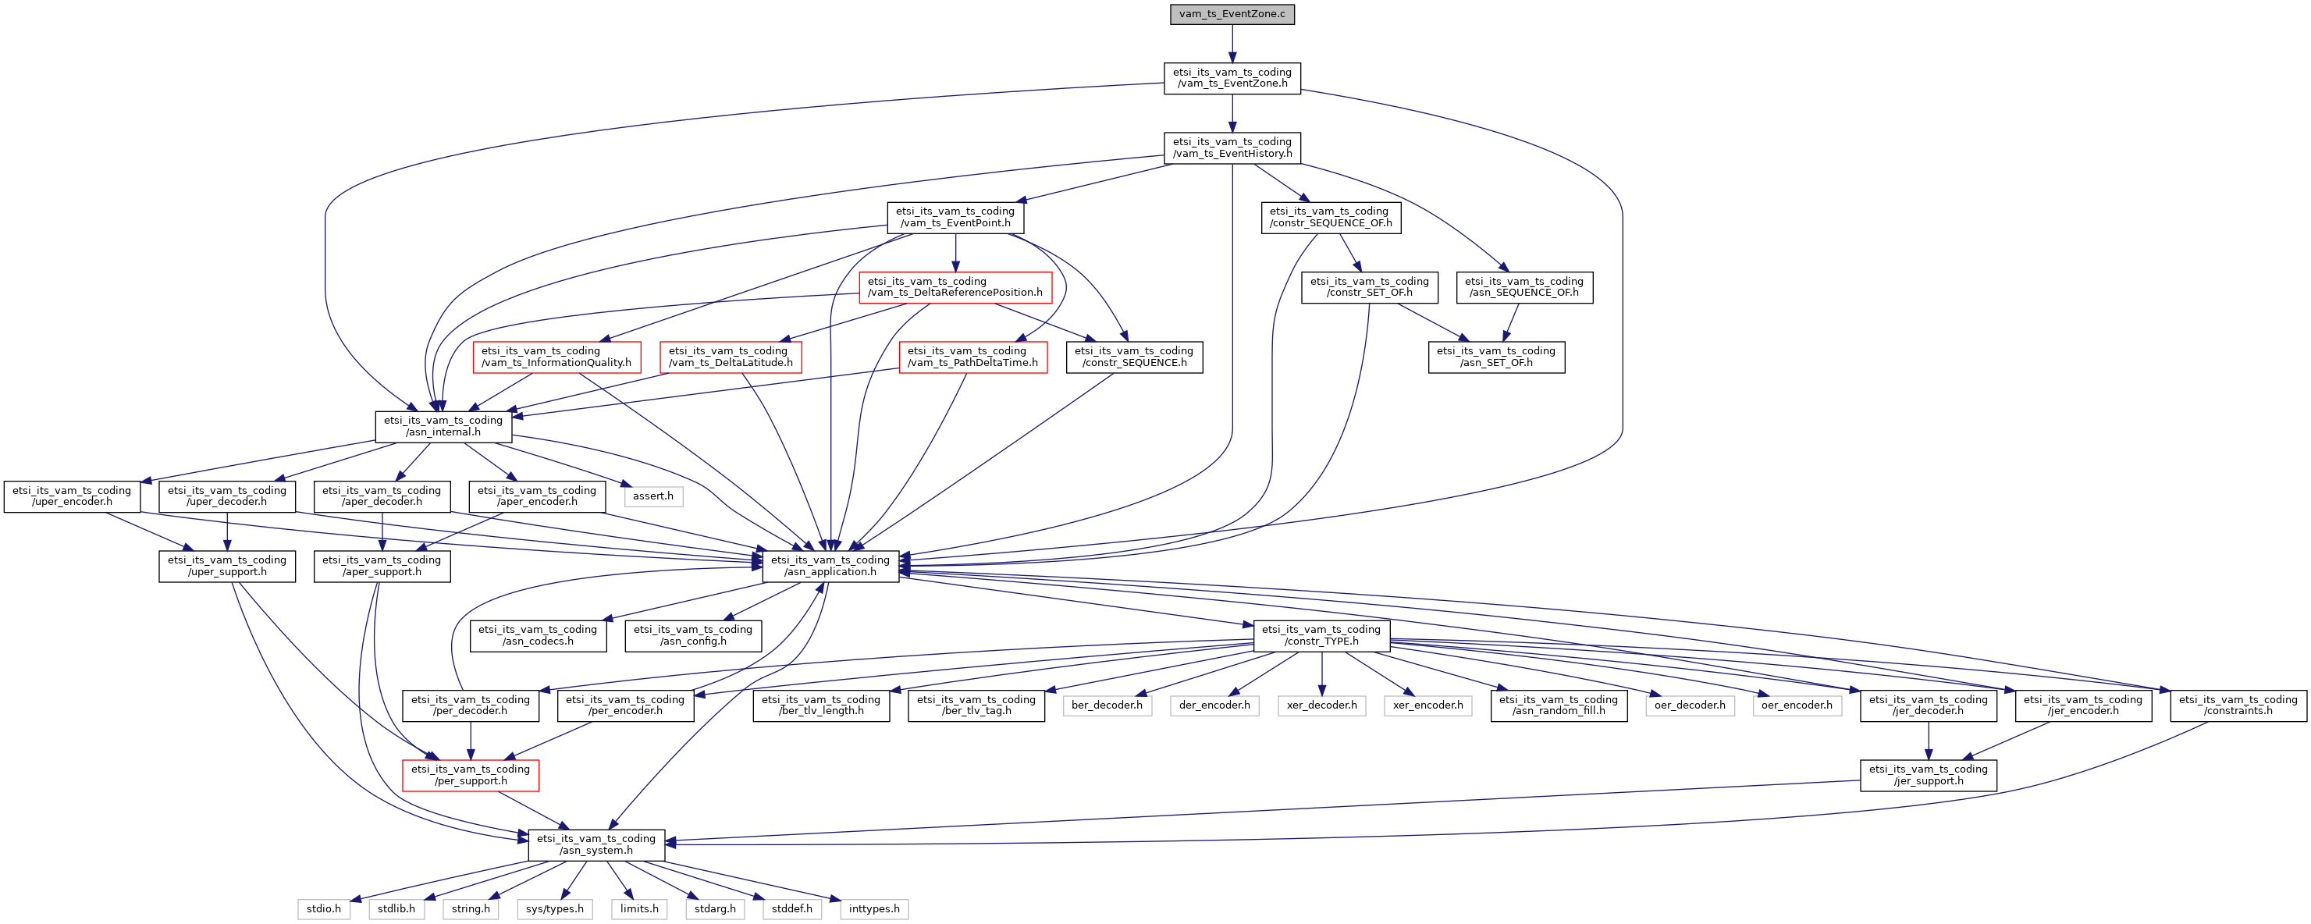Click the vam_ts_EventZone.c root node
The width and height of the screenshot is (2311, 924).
(x=1232, y=13)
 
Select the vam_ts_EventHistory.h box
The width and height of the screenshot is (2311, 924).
(x=1232, y=148)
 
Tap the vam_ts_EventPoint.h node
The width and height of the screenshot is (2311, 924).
(x=955, y=217)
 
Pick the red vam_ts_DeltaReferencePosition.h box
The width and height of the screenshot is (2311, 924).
(x=955, y=287)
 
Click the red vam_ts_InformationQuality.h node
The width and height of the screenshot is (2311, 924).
(x=556, y=357)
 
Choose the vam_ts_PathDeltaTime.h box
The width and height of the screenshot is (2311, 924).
(x=972, y=357)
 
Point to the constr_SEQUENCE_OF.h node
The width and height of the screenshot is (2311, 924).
(x=1331, y=217)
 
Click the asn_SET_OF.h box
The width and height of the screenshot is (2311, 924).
(x=1495, y=357)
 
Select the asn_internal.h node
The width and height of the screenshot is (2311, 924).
(x=443, y=426)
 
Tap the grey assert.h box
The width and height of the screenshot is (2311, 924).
(x=652, y=496)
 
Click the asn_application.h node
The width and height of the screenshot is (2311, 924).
(x=830, y=566)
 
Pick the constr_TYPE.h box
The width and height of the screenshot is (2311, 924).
(x=1321, y=635)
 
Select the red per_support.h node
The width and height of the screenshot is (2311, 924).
(x=470, y=775)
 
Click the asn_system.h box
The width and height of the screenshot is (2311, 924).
(x=596, y=844)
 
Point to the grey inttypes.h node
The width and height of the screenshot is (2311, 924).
(x=874, y=908)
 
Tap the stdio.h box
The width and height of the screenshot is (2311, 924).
(x=323, y=908)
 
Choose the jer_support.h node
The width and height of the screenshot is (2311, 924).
(x=1928, y=775)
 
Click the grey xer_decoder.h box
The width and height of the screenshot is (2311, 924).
(x=1321, y=705)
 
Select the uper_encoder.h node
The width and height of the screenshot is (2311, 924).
(x=72, y=496)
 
